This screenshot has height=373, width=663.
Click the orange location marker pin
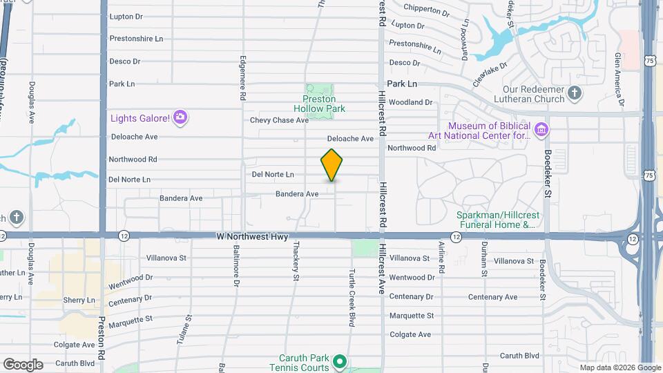click(x=332, y=165)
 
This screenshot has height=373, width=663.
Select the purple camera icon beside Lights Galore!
click(x=180, y=117)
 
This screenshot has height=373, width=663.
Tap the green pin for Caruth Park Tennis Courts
click(x=339, y=361)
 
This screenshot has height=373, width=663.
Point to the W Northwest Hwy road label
click(x=252, y=237)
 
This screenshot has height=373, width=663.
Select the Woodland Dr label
click(x=410, y=102)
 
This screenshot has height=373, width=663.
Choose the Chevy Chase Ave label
click(x=279, y=120)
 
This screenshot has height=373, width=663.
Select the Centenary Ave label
click(x=492, y=297)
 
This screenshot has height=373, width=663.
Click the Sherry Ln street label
click(x=79, y=300)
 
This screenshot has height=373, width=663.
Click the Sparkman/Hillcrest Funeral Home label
click(x=497, y=220)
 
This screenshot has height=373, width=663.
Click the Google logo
click(x=23, y=364)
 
